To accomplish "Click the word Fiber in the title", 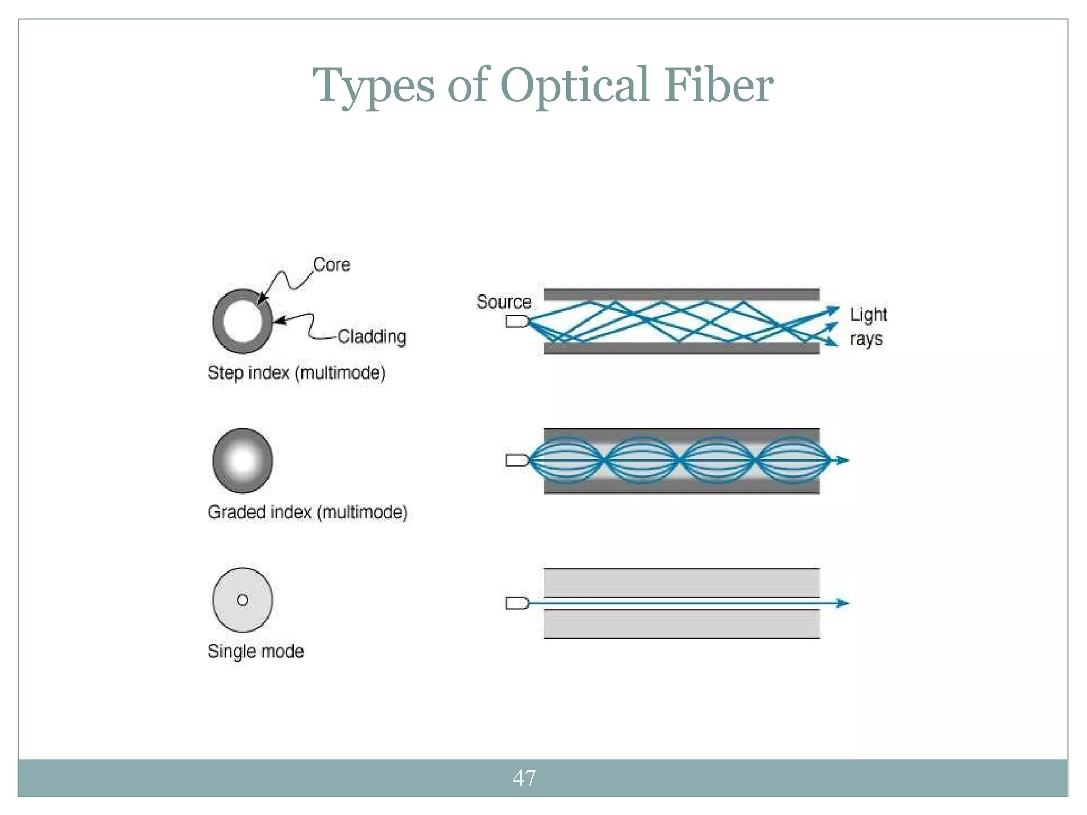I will click(719, 85).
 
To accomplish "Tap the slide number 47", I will click(524, 778).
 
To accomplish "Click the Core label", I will click(332, 264).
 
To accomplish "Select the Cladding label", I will click(372, 336).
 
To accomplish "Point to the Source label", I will click(504, 302).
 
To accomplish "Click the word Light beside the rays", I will click(868, 315).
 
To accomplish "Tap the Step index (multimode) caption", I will click(296, 372).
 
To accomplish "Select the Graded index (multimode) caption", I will click(307, 512).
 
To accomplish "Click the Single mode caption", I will click(256, 651).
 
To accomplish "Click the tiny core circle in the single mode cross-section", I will click(243, 600).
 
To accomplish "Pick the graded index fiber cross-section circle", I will click(243, 461).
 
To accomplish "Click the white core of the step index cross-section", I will click(243, 321).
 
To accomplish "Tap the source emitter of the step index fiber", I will click(516, 321).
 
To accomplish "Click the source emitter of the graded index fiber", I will click(516, 460).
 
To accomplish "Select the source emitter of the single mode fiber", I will click(516, 603).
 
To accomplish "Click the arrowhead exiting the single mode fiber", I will click(842, 603).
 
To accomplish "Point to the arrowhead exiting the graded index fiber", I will click(842, 461).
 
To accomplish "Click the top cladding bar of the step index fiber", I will click(681, 294).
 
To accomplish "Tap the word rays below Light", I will click(866, 339).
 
